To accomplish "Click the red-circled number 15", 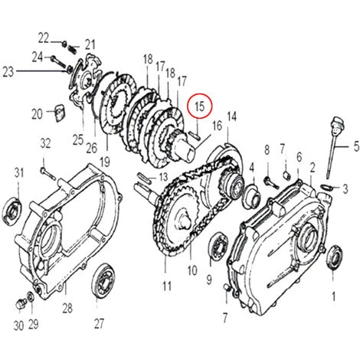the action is coord(200,106).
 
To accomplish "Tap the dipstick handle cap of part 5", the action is coord(337,125).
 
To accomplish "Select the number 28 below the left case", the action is coord(67,308).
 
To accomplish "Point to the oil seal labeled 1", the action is coord(333,257).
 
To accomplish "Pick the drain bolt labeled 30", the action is coord(20,304).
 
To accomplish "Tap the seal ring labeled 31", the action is coord(11,211).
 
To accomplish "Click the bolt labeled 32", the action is coord(48,173).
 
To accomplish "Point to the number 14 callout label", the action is coord(231,116).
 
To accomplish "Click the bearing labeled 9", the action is coord(218,247).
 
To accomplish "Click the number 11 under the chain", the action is coord(167,286).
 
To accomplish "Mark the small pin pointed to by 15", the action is coord(195,134).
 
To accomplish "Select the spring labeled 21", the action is coord(73,48).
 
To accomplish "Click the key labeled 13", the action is coord(144,177).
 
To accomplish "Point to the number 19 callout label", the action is coord(105,162).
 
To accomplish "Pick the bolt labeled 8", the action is coord(272,182).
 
